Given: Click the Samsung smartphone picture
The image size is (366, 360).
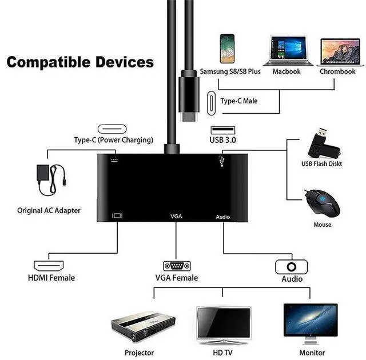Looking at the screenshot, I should [227, 49].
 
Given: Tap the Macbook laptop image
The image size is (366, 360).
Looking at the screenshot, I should [287, 50].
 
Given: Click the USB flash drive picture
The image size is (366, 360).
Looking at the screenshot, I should [323, 145].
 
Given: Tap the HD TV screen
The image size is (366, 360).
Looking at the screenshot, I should [223, 323].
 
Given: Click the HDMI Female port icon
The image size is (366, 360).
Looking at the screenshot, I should [50, 266].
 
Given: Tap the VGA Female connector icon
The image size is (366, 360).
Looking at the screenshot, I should [177, 266].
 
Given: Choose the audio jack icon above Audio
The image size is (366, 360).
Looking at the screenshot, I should [292, 267].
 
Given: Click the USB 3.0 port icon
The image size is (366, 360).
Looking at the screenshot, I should [222, 130].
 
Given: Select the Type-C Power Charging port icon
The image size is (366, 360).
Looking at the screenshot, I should [113, 129].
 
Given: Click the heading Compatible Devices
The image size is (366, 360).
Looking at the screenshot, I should [79, 62].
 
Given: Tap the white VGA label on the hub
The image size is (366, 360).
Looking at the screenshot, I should [176, 217].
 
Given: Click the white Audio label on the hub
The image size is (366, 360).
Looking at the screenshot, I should [223, 217].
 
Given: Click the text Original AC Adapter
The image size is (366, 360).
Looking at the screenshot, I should [49, 210].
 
